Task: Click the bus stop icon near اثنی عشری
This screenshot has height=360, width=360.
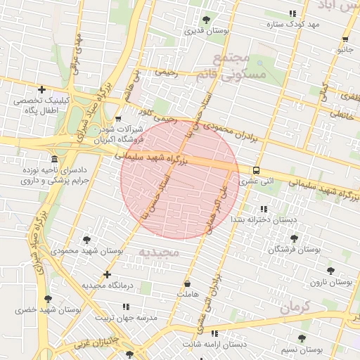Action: click(x=255, y=170)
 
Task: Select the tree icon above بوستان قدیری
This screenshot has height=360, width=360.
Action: click(x=206, y=20)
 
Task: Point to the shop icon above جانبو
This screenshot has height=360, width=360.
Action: click(x=345, y=39)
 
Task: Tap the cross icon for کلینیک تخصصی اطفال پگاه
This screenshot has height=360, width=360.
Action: click(x=42, y=89)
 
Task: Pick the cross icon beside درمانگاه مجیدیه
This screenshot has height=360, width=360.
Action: click(x=107, y=274)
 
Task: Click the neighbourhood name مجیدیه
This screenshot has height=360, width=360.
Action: click(x=158, y=252)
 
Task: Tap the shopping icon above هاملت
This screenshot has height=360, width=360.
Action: click(x=187, y=283)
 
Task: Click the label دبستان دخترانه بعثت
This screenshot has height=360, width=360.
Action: click(x=261, y=220)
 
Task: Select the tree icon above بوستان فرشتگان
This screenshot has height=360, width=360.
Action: click(x=294, y=239)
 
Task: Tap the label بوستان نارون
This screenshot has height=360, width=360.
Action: click(x=331, y=282)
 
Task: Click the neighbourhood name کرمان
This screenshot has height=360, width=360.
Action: click(x=293, y=307)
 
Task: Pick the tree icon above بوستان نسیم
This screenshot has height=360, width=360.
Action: click(x=302, y=338)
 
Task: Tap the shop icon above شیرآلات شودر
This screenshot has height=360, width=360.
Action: click(x=117, y=119)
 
